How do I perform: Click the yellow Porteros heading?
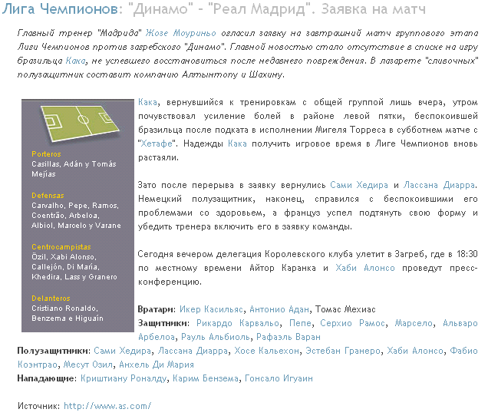coord(46,154)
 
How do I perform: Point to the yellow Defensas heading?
coord(48,196)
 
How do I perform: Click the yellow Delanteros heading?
coord(51,299)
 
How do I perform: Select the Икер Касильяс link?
coord(212,309)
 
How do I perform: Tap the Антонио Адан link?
coord(279,309)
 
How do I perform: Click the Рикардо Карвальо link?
coord(232,323)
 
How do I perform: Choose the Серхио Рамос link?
coord(353,323)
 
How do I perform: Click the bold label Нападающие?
coord(46,378)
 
